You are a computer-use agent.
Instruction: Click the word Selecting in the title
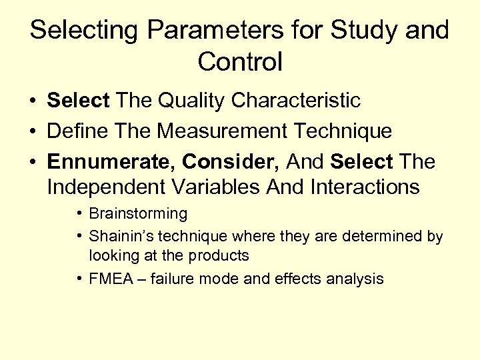tap(86, 31)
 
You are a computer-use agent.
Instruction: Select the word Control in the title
tap(240, 62)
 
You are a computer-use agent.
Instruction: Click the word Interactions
tap(365, 187)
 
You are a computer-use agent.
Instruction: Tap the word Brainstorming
tap(138, 214)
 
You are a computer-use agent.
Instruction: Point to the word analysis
tap(355, 279)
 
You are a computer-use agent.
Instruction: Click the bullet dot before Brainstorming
tap(79, 214)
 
